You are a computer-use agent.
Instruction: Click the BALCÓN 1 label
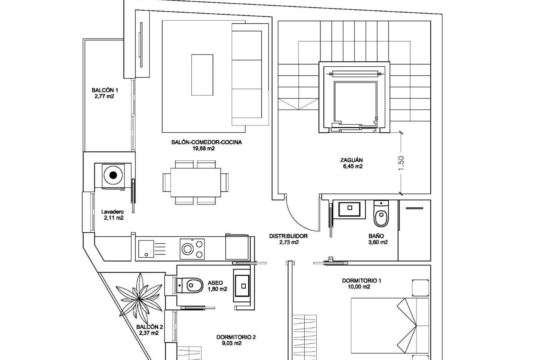(x=105, y=90)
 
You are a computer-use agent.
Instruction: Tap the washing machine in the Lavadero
(x=113, y=175)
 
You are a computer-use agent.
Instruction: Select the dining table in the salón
(x=195, y=182)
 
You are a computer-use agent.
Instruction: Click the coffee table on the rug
(x=202, y=75)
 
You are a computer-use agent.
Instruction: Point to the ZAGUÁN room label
(x=351, y=160)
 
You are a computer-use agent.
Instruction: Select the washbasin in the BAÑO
(x=350, y=209)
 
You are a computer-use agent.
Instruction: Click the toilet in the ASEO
(x=191, y=286)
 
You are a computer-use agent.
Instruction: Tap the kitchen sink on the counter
(x=146, y=249)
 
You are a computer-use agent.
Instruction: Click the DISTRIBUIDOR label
(x=288, y=236)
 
